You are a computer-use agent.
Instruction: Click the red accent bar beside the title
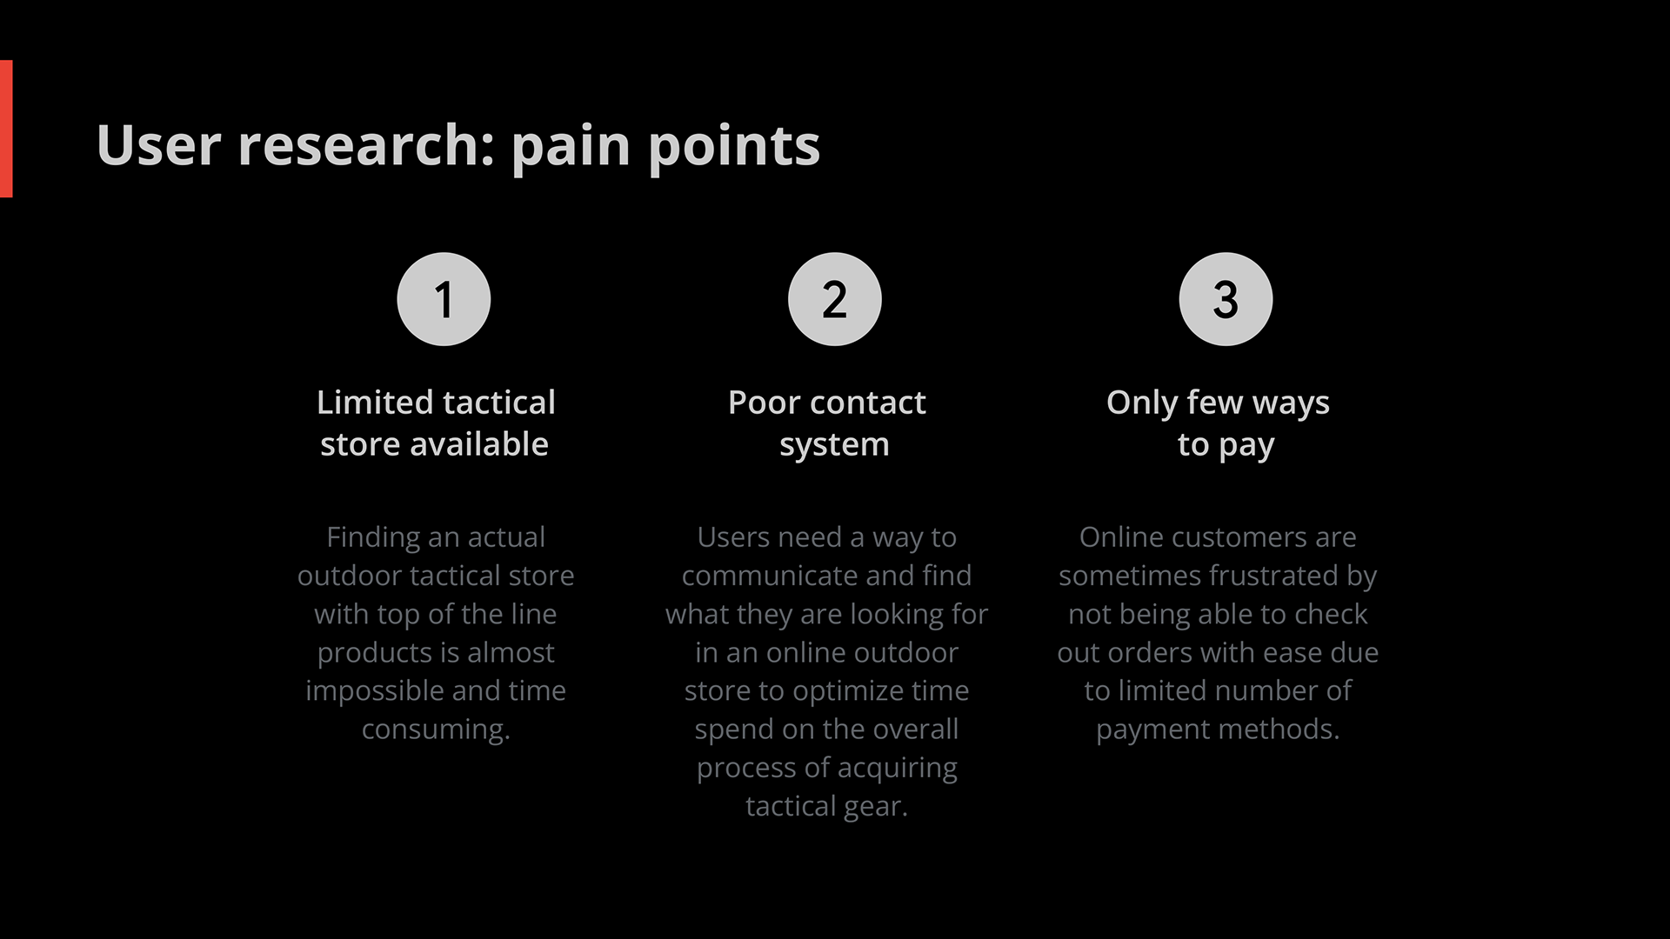(6, 129)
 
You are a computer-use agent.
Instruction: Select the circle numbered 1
(444, 299)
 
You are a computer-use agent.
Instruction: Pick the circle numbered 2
(835, 299)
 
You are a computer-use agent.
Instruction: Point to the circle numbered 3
(1226, 299)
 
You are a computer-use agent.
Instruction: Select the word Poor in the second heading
(761, 403)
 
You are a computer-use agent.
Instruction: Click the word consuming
(436, 730)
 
